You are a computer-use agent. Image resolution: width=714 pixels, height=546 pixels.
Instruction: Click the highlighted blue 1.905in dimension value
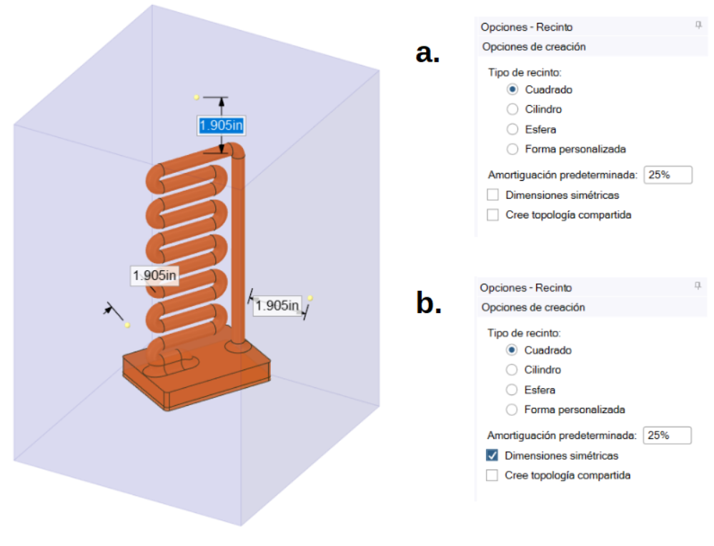(222, 126)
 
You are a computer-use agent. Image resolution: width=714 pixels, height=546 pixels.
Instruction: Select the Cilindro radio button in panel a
(512, 109)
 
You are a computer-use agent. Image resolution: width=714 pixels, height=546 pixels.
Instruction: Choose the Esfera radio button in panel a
(512, 129)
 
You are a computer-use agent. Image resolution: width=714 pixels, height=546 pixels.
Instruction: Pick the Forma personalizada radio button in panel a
(512, 149)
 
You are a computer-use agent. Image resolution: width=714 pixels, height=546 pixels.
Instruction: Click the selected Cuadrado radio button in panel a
(512, 89)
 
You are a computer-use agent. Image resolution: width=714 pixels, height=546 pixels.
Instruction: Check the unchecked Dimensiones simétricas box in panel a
(492, 194)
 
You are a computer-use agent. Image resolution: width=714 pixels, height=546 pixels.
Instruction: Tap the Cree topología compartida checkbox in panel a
(492, 214)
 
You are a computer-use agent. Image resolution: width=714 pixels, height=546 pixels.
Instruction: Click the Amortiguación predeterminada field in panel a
(668, 175)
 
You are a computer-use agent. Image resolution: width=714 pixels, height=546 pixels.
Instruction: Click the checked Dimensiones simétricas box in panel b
(492, 455)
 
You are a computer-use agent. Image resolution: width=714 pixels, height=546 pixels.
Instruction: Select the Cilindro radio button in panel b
(512, 370)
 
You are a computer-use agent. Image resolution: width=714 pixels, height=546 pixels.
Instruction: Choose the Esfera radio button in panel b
(512, 390)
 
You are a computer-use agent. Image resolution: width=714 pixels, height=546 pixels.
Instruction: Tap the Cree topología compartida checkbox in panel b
(492, 475)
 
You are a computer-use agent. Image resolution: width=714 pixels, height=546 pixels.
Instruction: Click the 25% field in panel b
(668, 435)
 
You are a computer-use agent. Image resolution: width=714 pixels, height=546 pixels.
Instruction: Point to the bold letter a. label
(428, 53)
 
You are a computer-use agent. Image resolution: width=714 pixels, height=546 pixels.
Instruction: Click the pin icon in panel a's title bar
(698, 26)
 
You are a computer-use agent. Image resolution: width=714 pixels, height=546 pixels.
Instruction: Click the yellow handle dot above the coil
(196, 96)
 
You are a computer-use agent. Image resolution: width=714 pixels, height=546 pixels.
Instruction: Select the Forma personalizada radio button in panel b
(512, 410)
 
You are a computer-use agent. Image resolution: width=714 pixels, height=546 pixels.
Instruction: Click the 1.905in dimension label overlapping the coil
(154, 275)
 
